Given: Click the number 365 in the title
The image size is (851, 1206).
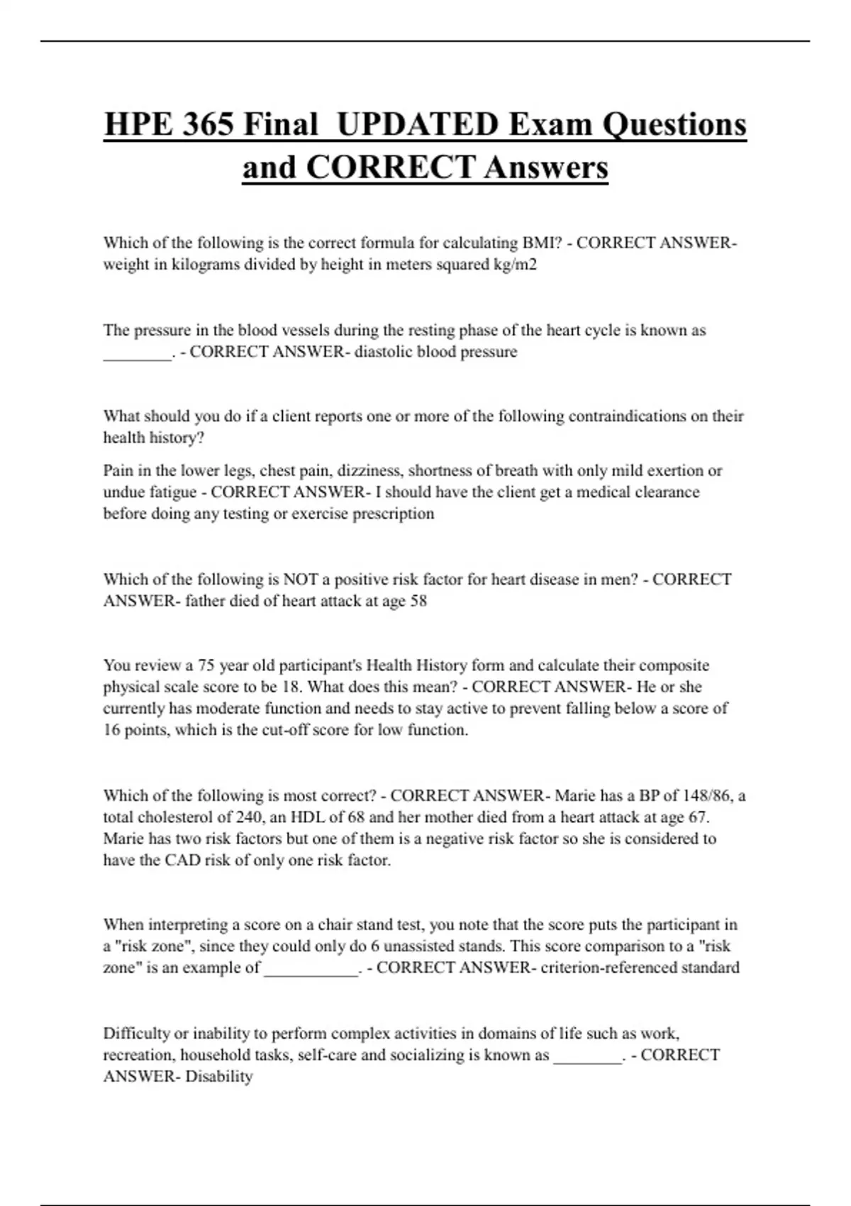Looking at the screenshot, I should point(206,125).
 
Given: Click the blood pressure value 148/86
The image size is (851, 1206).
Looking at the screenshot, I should point(700,796).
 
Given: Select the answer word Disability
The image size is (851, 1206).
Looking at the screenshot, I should point(218,1077).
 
